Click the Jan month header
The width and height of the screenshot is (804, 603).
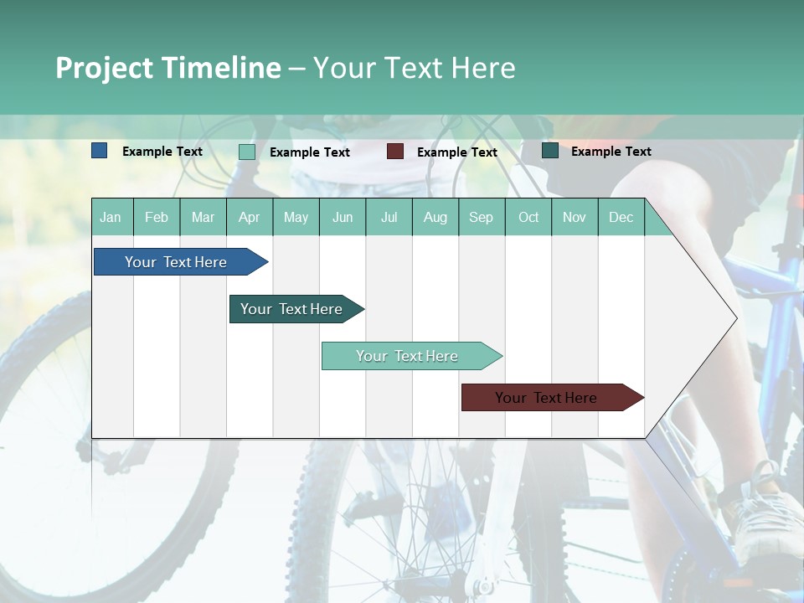(x=111, y=217)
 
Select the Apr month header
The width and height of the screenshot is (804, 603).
(x=249, y=217)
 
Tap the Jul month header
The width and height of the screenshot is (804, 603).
(x=389, y=217)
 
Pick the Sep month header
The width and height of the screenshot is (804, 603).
(x=481, y=217)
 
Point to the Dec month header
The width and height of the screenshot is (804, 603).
(x=621, y=217)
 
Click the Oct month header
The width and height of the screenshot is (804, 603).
(x=528, y=217)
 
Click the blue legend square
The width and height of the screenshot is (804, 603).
(x=99, y=151)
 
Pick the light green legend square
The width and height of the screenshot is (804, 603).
(x=246, y=152)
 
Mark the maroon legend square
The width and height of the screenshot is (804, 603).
(x=394, y=152)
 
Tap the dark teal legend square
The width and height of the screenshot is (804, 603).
(x=549, y=151)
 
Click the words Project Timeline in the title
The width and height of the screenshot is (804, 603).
(x=167, y=68)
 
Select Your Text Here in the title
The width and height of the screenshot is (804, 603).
(x=414, y=68)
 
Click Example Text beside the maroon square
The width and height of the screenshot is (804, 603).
(x=456, y=152)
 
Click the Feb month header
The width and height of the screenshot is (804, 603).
(x=157, y=217)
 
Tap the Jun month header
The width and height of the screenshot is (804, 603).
(x=342, y=217)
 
